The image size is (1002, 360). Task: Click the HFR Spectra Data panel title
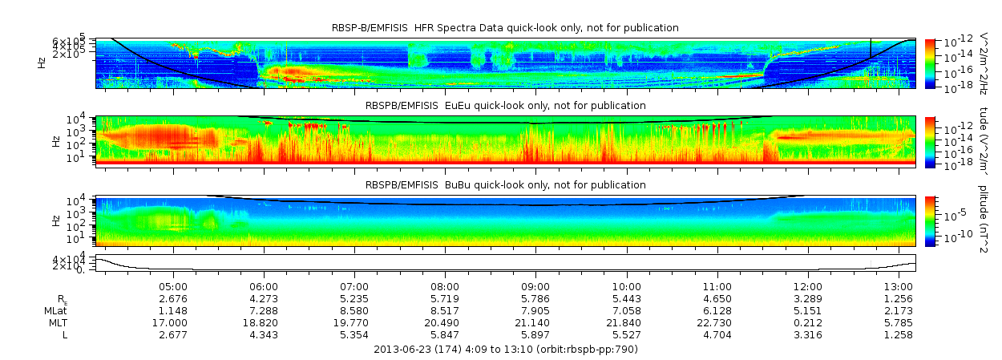click(x=505, y=28)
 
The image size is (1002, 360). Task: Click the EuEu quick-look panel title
click(x=505, y=106)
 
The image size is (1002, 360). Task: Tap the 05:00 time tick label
click(x=173, y=286)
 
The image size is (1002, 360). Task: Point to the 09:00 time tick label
click(x=535, y=286)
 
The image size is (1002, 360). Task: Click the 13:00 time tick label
click(x=898, y=286)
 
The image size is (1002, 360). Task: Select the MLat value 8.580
click(x=354, y=310)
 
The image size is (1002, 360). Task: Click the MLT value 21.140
click(x=535, y=322)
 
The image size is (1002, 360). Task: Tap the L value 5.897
click(x=535, y=334)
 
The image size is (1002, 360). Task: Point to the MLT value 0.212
click(x=807, y=322)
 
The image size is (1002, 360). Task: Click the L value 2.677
click(x=173, y=334)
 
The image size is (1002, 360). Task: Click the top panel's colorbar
click(x=930, y=63)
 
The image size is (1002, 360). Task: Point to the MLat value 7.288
click(x=264, y=310)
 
